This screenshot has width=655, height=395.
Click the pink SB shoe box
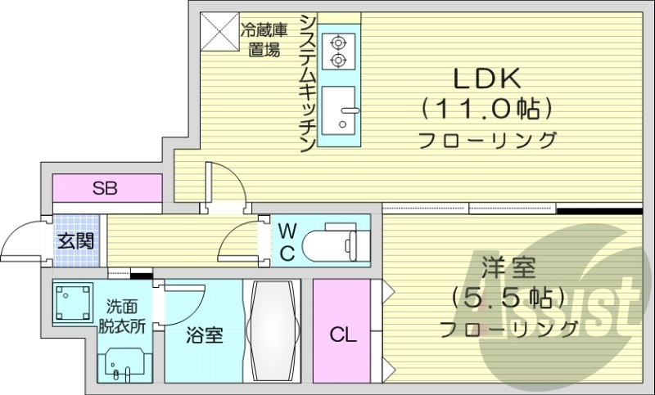pos(106,189)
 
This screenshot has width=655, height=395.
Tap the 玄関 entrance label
pos(76,240)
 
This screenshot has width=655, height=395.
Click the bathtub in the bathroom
pos(273,331)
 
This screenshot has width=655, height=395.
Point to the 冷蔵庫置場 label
pos(264,40)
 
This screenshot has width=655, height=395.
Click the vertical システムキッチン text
pos(307,82)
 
